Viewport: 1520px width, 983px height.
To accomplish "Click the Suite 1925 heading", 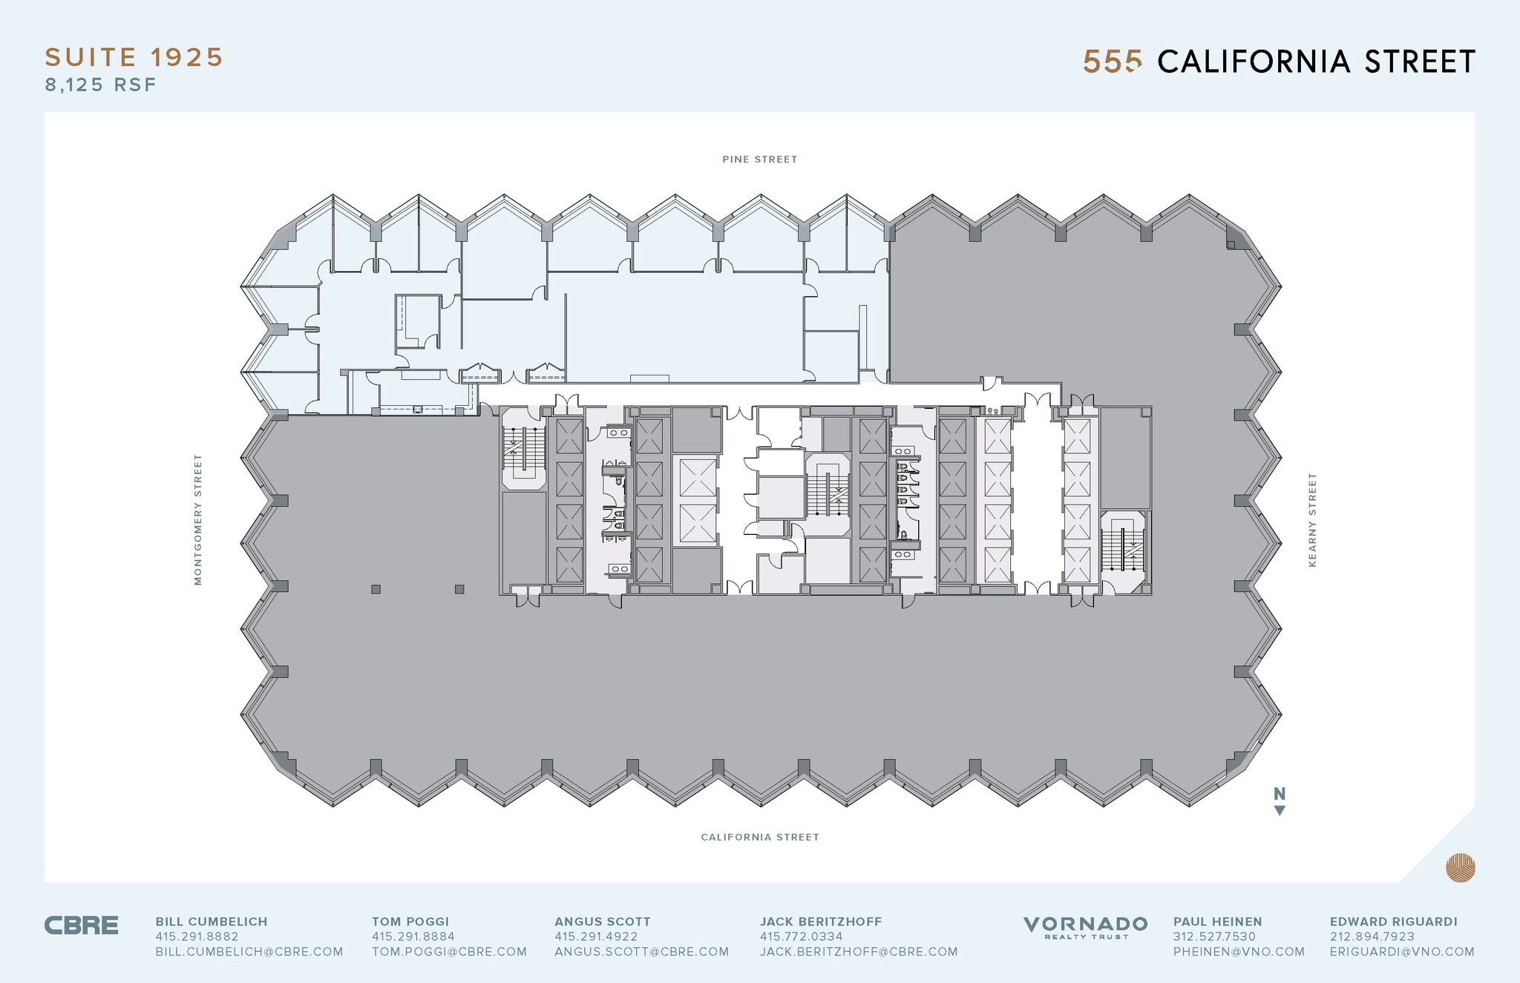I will click(x=134, y=58).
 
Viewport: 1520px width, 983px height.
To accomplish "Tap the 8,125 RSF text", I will click(x=101, y=85).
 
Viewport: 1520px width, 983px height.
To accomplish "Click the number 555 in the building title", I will click(x=1111, y=62).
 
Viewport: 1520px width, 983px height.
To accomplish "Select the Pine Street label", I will click(x=760, y=160).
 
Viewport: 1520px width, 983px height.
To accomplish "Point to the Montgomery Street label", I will click(x=198, y=519).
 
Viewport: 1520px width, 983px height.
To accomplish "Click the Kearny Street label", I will click(x=1312, y=519).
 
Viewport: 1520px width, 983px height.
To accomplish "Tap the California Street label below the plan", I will click(x=760, y=838).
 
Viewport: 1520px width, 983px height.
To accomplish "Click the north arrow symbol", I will click(x=1280, y=801).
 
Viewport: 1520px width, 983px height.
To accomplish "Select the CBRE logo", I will click(x=82, y=926).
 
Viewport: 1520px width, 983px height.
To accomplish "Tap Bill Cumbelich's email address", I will click(x=249, y=952).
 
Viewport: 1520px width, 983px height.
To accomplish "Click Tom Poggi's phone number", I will click(x=413, y=937).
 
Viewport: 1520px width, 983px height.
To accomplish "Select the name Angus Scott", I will click(x=603, y=922).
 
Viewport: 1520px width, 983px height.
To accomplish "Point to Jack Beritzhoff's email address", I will click(x=859, y=952).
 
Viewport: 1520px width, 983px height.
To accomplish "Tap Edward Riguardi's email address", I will click(x=1402, y=952).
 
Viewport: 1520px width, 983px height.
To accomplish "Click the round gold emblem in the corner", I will click(x=1460, y=868).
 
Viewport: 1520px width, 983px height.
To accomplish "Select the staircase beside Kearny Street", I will click(x=1123, y=550).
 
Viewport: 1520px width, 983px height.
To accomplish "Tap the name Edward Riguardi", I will click(x=1393, y=922).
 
